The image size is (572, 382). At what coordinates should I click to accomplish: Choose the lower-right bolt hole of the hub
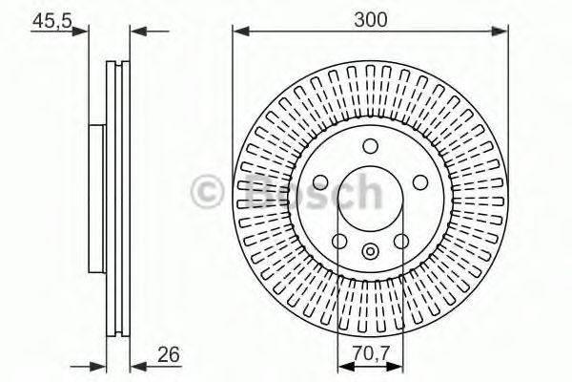coord(400,240)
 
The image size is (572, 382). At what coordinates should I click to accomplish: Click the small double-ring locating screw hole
coord(370,253)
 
